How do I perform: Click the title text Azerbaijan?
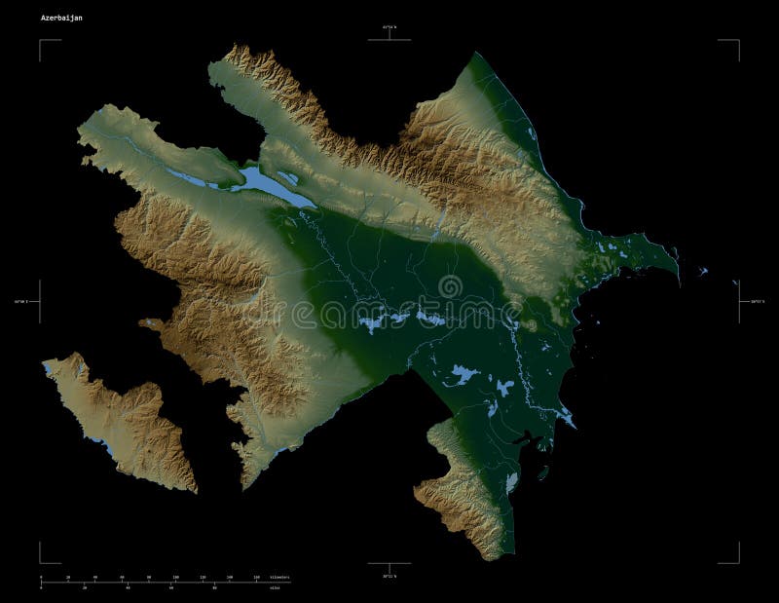[61, 18]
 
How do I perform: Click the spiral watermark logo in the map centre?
[450, 286]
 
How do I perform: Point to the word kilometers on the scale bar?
[278, 578]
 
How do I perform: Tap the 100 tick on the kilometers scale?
[175, 579]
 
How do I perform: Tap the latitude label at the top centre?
[389, 26]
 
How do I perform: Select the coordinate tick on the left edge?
[39, 302]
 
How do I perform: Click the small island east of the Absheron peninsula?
[703, 272]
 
